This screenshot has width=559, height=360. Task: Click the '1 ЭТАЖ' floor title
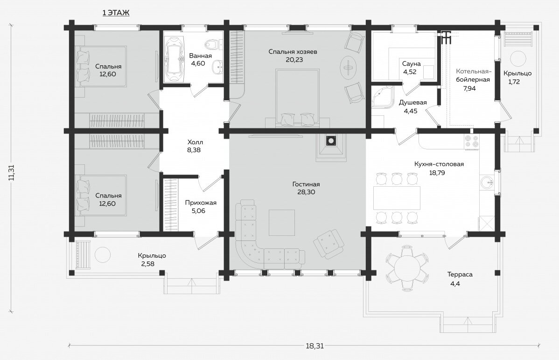pyautogui.click(x=116, y=13)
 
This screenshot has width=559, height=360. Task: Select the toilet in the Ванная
pyautogui.click(x=212, y=45)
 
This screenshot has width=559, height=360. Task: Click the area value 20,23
pyautogui.click(x=294, y=60)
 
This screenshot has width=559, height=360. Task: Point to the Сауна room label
pyautogui.click(x=412, y=64)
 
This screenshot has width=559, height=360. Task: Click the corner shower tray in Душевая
pyautogui.click(x=383, y=96)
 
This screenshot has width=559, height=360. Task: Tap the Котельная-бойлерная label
pyautogui.click(x=473, y=75)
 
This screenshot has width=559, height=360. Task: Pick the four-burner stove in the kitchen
pyautogui.click(x=472, y=141)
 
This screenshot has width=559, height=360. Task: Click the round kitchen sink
pyautogui.click(x=487, y=183)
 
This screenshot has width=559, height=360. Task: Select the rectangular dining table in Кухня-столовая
pyautogui.click(x=396, y=198)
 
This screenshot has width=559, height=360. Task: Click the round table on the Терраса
pyautogui.click(x=407, y=268)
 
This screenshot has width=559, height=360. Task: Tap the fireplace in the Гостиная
pyautogui.click(x=331, y=147)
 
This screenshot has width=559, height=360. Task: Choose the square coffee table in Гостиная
pyautogui.click(x=282, y=223)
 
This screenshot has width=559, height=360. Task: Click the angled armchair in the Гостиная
pyautogui.click(x=328, y=244)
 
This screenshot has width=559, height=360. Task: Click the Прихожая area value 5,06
pyautogui.click(x=199, y=211)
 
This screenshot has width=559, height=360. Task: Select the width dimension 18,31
pyautogui.click(x=315, y=346)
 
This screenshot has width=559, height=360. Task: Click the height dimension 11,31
pyautogui.click(x=12, y=173)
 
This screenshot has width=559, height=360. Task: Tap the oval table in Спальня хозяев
pyautogui.click(x=348, y=67)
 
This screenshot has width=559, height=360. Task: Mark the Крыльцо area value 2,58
pyautogui.click(x=148, y=264)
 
